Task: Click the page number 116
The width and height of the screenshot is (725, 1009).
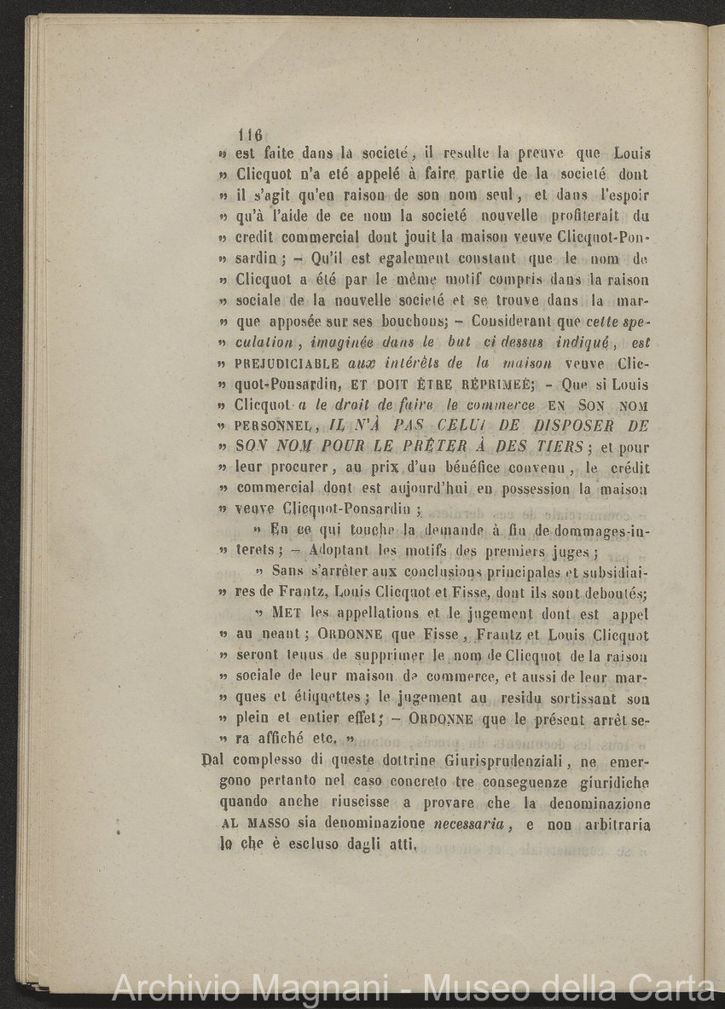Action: (251, 135)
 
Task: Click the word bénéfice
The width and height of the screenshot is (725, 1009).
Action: (473, 467)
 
